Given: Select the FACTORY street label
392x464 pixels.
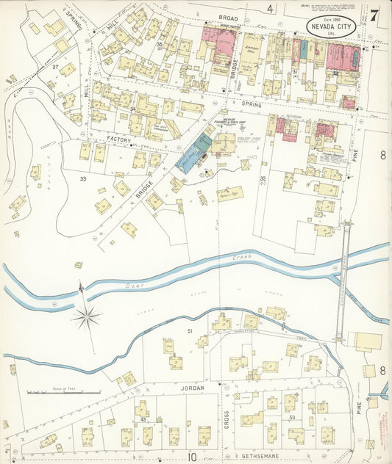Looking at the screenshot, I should pos(118,139).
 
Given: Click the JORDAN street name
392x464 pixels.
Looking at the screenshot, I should pos(188,385).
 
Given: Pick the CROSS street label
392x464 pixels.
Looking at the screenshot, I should pos(227,417).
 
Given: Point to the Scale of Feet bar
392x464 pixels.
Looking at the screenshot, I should pos(63,393).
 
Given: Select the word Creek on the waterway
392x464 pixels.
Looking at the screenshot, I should pos(241,258).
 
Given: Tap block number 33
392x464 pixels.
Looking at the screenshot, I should pos(83,178).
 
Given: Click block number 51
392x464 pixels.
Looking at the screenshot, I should pos(189,332).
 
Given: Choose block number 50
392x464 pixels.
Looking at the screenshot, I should pos(292,418).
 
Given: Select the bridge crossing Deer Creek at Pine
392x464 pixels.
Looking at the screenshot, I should pos(343,282).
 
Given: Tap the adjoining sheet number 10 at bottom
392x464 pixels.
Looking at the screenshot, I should pos(191,457).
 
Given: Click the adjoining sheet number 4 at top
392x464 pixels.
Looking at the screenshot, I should pos(270,9).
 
